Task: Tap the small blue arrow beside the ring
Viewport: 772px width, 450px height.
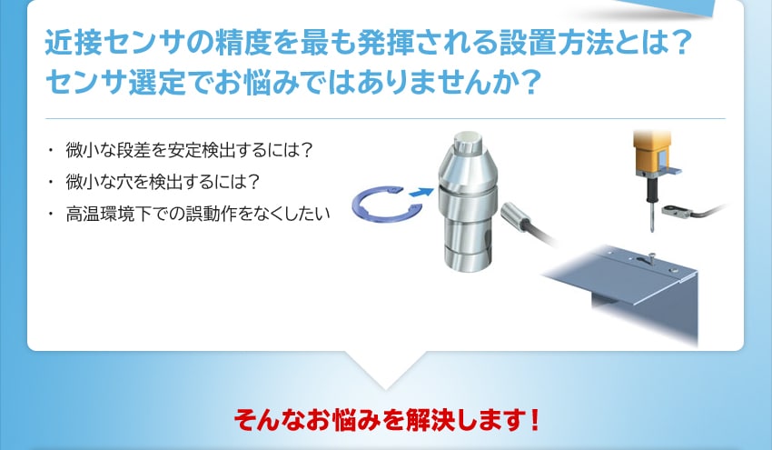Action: (421, 192)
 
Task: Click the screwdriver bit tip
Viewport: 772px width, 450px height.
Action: (652, 229)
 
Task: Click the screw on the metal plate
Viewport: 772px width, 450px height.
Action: (651, 255)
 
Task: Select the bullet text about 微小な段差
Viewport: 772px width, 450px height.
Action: (189, 150)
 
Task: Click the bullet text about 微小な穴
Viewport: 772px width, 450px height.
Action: (163, 182)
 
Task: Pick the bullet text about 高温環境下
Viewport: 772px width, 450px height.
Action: (197, 214)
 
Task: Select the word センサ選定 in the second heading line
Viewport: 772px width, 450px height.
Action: (115, 82)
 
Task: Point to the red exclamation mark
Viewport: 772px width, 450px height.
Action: (535, 420)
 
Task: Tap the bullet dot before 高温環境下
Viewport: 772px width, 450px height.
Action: (50, 214)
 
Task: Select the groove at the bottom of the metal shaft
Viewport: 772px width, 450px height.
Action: (465, 252)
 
